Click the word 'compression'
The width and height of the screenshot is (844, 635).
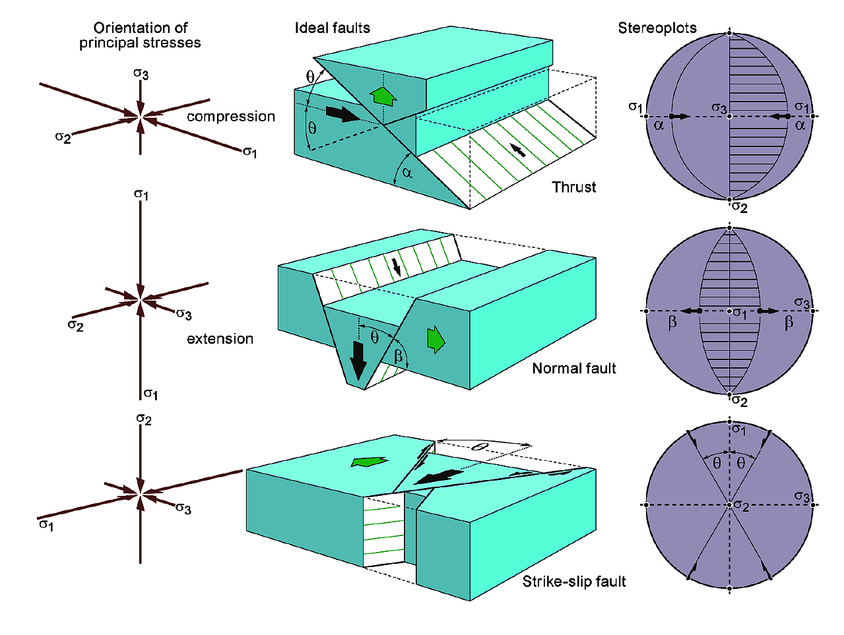[x=230, y=117]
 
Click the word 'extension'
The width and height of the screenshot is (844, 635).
[x=220, y=339]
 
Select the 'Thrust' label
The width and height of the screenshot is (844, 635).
[x=573, y=187]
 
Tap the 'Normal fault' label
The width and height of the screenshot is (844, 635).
[x=573, y=369]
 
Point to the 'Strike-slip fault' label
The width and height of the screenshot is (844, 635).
[x=573, y=582]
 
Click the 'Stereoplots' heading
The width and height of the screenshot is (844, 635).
[x=657, y=28]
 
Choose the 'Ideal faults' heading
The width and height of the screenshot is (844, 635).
[x=332, y=28]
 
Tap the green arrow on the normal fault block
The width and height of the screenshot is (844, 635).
[x=436, y=339]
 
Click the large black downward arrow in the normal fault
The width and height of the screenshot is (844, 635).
[x=358, y=360]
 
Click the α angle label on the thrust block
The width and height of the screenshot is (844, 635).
[x=407, y=173]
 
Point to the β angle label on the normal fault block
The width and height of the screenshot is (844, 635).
[x=399, y=356]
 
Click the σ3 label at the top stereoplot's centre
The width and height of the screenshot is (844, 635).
[x=719, y=108]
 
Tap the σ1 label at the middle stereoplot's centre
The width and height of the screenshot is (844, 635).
[x=740, y=314]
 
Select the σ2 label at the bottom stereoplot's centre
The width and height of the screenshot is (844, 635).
[x=741, y=506]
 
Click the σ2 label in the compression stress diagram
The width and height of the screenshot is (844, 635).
[x=63, y=137]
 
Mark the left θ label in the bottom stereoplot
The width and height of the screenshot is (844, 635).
[x=717, y=464]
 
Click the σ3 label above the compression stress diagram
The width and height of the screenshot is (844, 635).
[x=141, y=74]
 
